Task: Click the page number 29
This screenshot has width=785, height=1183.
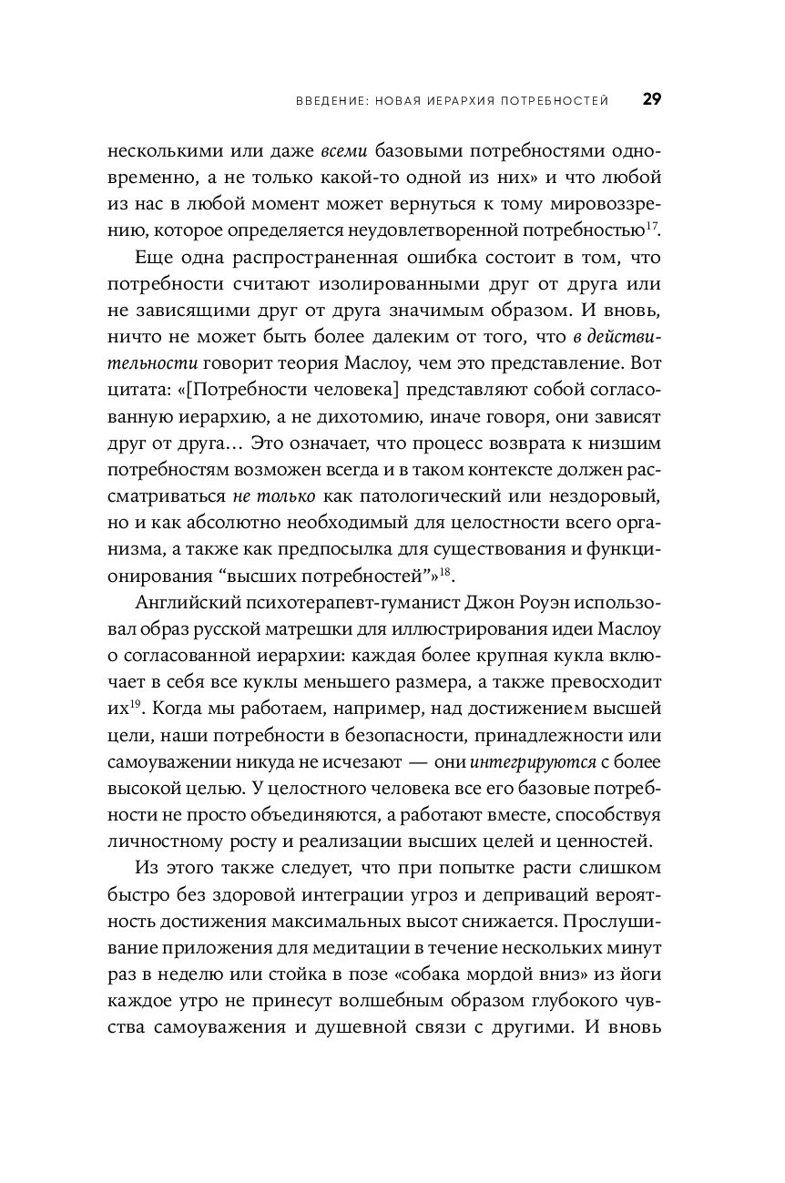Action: tap(652, 99)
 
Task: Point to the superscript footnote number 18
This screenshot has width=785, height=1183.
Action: tap(445, 571)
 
